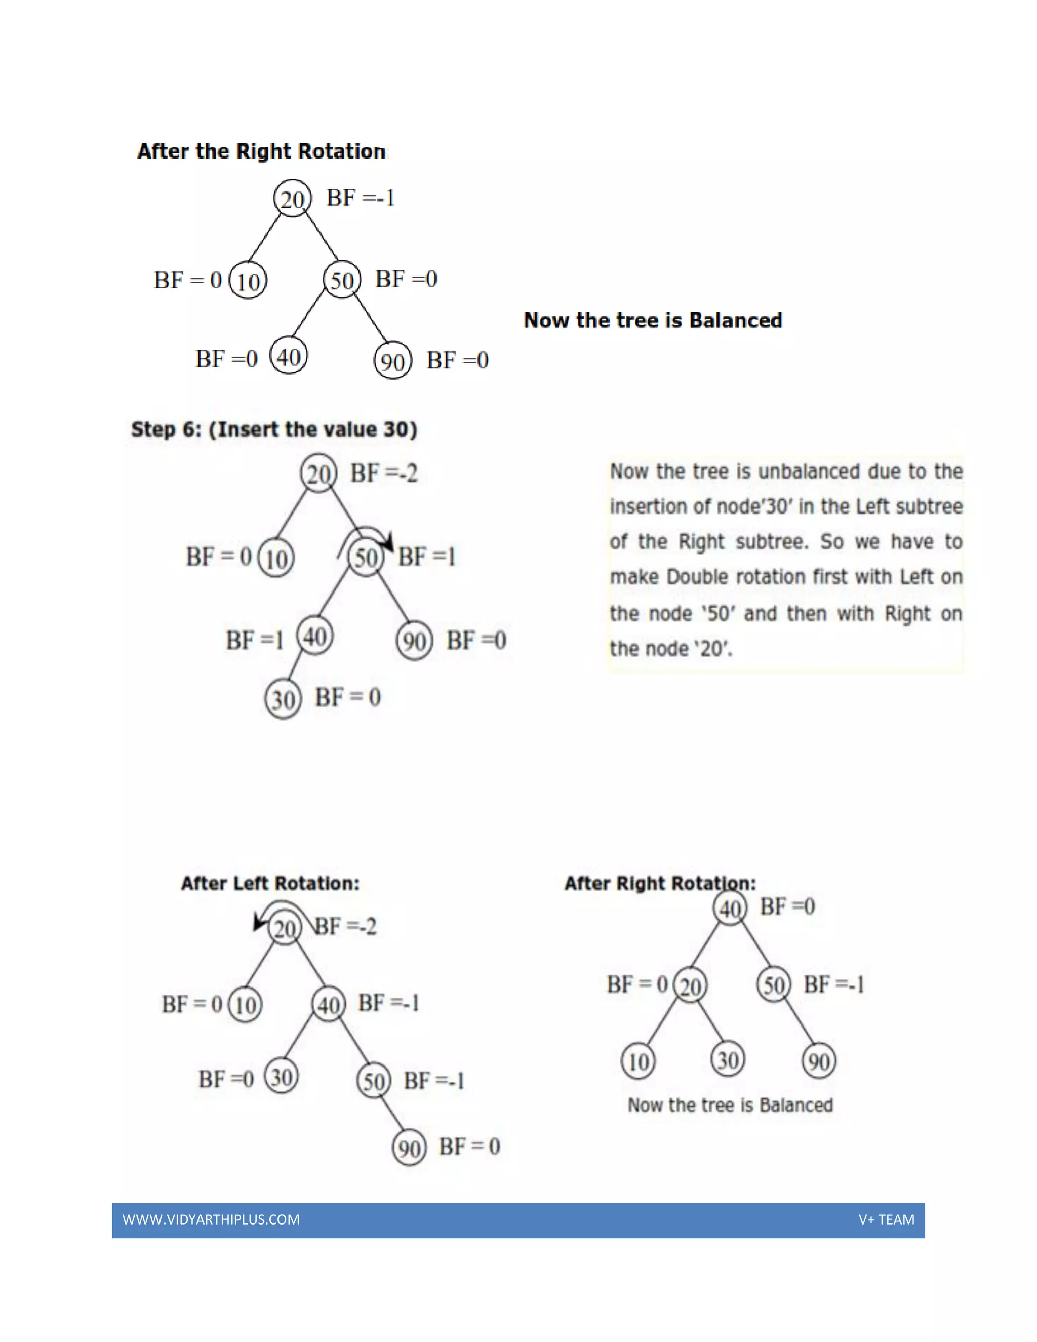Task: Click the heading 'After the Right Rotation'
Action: tap(261, 151)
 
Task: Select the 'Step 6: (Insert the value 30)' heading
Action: tap(274, 429)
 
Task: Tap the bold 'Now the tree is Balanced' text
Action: tap(652, 320)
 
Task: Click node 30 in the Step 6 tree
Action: tap(283, 699)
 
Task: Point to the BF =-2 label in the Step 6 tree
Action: tap(384, 473)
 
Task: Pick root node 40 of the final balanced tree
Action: tap(730, 907)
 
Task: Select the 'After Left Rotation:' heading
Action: tap(270, 883)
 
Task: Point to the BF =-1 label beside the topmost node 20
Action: tap(361, 198)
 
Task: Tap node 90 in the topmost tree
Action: tap(392, 361)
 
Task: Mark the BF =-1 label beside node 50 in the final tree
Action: tap(833, 984)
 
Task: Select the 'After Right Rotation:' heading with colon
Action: tap(660, 883)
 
